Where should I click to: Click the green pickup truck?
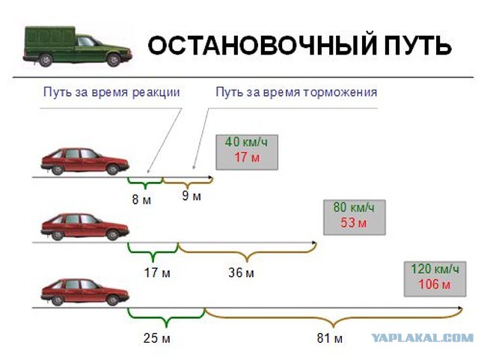(x=77, y=46)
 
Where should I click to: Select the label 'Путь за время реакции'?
(x=111, y=93)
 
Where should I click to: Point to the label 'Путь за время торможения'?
(x=296, y=93)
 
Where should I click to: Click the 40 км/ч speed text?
(x=246, y=142)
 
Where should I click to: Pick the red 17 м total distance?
(x=247, y=157)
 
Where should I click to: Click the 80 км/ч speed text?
(x=354, y=207)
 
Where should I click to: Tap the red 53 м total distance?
(x=353, y=223)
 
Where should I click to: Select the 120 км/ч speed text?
(x=435, y=269)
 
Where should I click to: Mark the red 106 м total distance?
(x=434, y=284)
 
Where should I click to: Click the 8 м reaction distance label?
(x=141, y=200)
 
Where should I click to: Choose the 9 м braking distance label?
(x=192, y=196)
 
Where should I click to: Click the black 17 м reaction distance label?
(x=157, y=272)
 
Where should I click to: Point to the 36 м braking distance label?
(x=241, y=272)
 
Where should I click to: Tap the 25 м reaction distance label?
(x=157, y=338)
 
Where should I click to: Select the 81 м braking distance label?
(x=329, y=338)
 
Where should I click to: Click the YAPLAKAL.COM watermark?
(x=422, y=338)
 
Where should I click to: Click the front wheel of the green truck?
(x=113, y=60)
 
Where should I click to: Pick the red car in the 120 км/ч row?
(x=85, y=292)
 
